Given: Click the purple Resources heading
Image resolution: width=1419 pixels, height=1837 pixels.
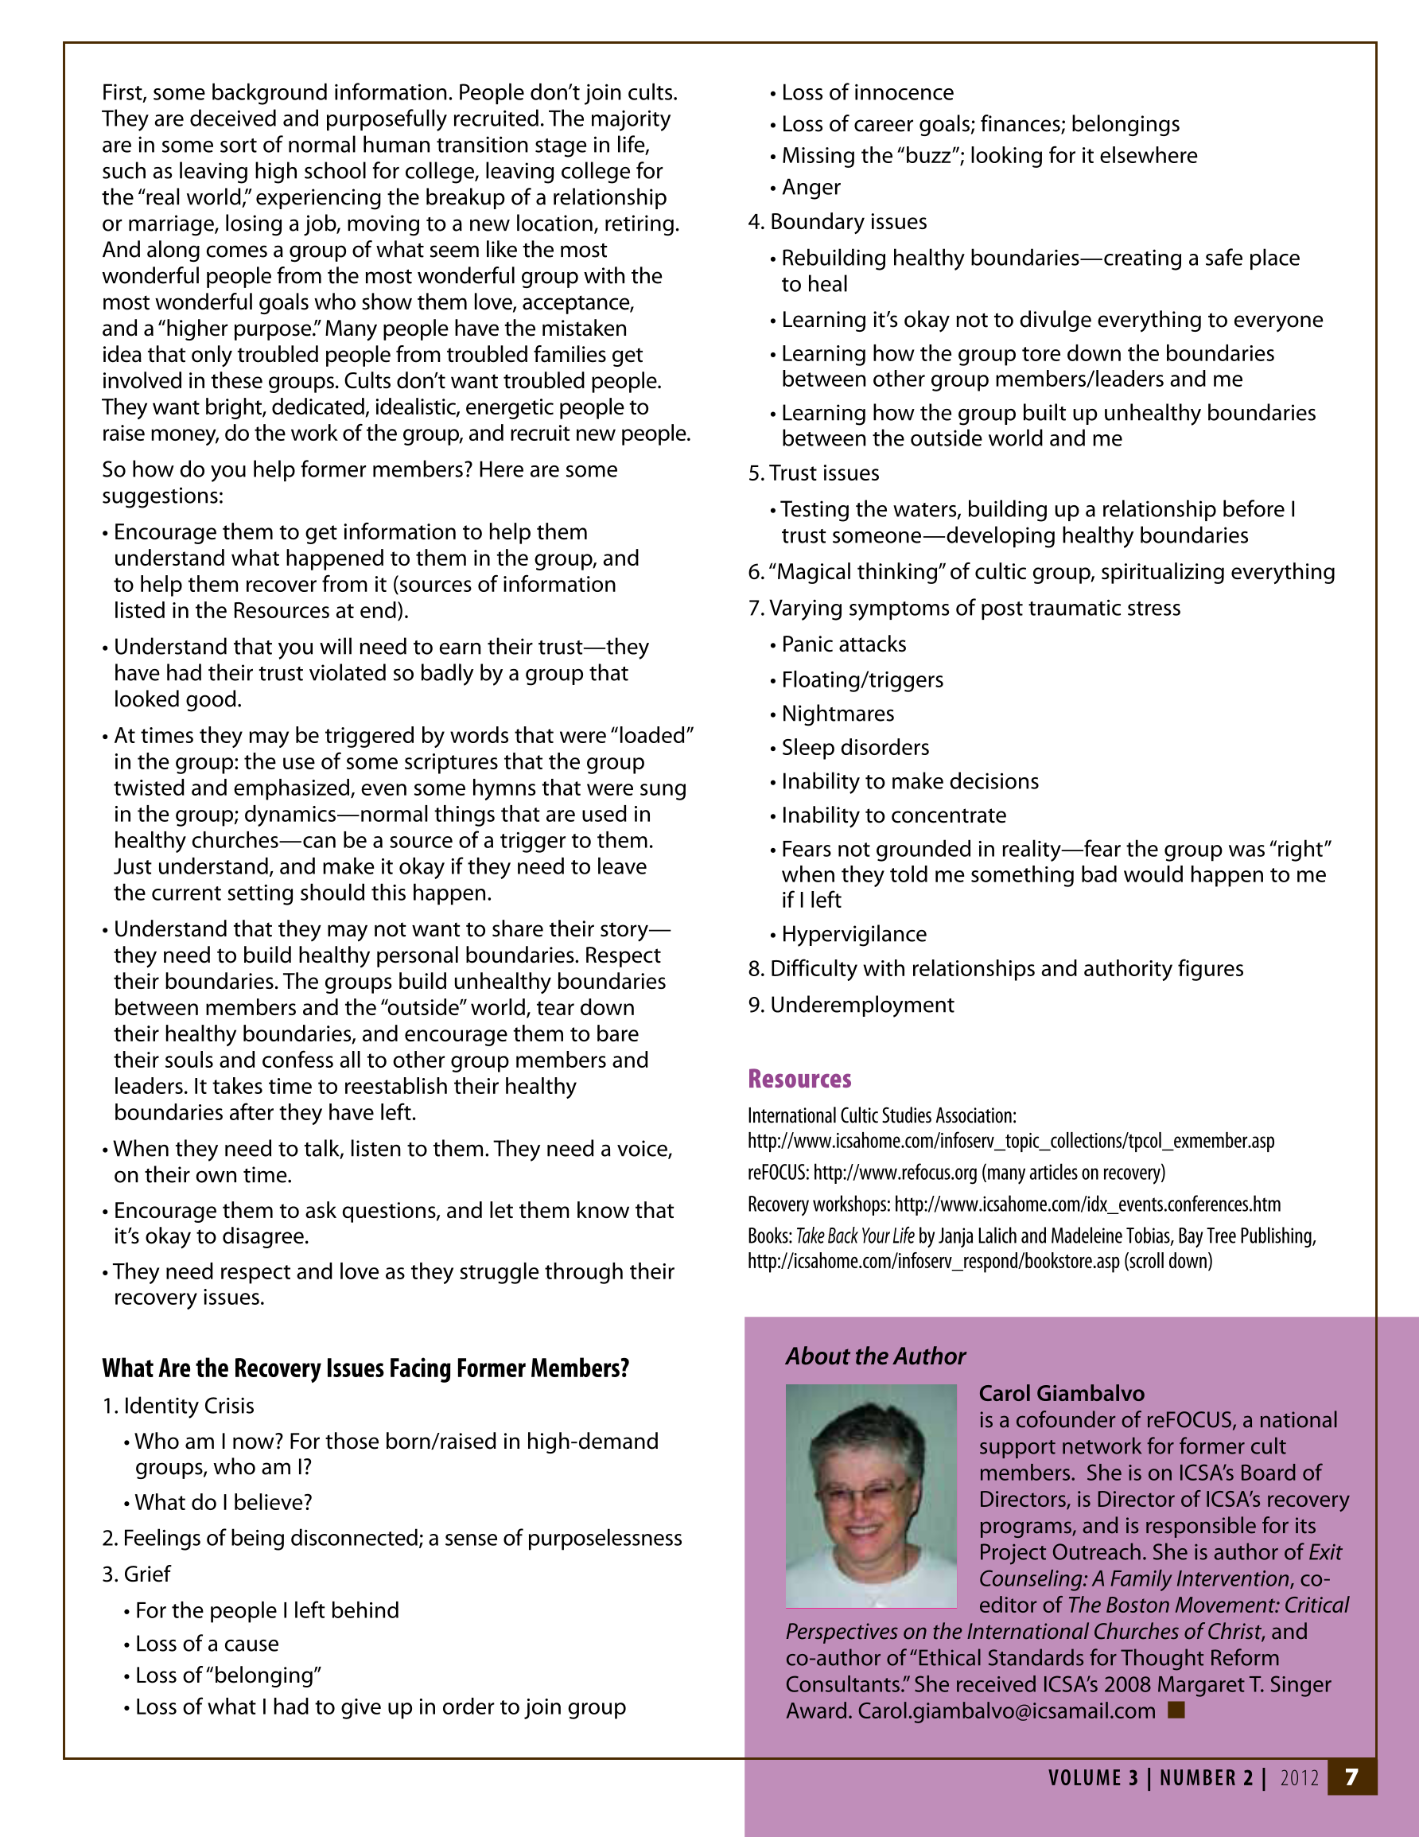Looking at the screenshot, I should tap(799, 1079).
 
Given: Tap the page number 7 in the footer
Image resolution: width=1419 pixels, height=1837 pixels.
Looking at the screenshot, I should tap(1351, 1777).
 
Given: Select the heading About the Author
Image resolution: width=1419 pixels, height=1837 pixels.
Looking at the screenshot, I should tap(875, 1356).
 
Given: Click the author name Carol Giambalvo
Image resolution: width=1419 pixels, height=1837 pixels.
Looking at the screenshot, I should tap(1061, 1393).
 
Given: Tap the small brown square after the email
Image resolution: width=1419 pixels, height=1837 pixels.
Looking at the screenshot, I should tap(1176, 1710).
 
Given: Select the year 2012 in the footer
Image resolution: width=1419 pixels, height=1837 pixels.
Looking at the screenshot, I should tap(1299, 1777).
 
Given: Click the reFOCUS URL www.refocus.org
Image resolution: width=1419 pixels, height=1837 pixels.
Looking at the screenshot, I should tap(895, 1173).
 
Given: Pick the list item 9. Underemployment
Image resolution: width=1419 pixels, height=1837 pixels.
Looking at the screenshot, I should tap(851, 1005).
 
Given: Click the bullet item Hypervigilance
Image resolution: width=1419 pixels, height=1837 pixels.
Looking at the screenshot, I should tap(853, 935).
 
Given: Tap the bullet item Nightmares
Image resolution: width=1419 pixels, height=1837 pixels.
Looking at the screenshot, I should tap(837, 714).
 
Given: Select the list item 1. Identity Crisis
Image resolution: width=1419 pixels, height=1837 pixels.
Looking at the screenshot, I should tap(178, 1406).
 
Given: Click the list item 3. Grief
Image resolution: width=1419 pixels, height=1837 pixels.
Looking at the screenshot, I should tap(136, 1574).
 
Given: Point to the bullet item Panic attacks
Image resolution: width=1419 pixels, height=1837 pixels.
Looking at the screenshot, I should tap(843, 644).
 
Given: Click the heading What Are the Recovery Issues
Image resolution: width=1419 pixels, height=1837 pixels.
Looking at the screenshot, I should tap(365, 1368).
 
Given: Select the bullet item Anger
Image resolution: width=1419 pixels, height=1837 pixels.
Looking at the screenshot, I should tap(810, 188).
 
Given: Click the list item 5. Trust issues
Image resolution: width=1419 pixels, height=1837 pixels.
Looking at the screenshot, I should tap(814, 473).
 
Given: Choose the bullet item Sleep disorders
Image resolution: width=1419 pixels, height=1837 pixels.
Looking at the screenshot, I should tap(854, 748).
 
